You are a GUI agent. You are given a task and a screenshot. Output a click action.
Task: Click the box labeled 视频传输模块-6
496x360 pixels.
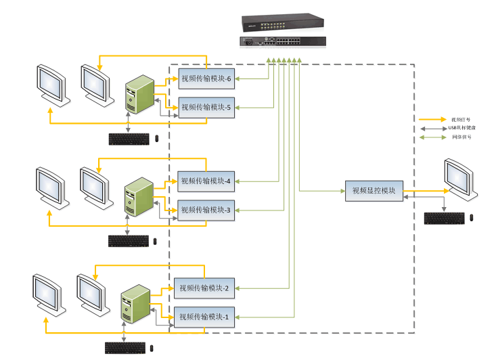[206, 79]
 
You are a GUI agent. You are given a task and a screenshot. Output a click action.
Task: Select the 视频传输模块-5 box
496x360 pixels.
[206, 107]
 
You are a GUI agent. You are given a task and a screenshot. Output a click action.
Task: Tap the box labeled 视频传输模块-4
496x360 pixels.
[206, 181]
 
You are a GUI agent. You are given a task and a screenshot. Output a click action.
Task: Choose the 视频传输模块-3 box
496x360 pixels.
[206, 210]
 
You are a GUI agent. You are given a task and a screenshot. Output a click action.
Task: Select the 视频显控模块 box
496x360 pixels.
[374, 191]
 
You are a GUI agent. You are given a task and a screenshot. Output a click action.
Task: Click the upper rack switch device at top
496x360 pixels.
[282, 23]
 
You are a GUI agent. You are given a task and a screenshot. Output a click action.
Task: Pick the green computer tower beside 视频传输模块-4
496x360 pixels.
[139, 196]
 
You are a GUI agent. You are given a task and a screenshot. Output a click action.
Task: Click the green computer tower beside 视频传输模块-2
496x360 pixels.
[135, 304]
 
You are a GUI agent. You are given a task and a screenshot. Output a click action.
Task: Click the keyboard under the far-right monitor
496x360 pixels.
[445, 218]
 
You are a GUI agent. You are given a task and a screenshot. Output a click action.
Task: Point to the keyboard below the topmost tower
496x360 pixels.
[129, 139]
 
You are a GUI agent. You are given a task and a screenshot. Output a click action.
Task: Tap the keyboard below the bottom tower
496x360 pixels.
[125, 348]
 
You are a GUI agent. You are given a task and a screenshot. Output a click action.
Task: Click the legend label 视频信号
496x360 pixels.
[461, 119]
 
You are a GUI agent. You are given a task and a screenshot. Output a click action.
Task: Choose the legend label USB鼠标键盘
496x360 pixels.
[461, 128]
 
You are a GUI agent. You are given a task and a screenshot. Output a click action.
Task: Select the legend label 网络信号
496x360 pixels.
[461, 137]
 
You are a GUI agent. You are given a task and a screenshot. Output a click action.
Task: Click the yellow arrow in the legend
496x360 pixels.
[432, 119]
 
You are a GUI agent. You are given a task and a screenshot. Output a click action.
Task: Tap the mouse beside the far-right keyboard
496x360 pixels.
[472, 218]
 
